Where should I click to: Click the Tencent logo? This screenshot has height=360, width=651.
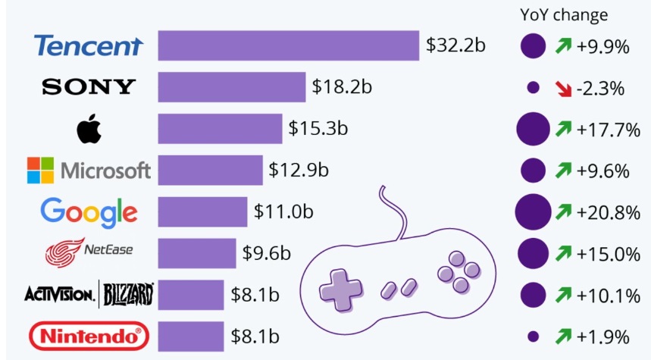(88, 46)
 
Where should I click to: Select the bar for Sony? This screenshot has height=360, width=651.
(231, 87)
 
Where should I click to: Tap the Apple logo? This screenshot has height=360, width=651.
(89, 129)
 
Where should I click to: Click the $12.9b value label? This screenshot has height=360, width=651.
(298, 170)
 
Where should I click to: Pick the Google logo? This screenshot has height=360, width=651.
(89, 211)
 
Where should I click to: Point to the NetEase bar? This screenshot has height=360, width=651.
(197, 252)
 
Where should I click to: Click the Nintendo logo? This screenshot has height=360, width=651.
(89, 335)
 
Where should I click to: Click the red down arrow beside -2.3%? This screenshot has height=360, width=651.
(562, 88)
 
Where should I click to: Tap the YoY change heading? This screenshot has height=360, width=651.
(564, 15)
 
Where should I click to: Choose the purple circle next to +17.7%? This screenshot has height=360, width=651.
(533, 129)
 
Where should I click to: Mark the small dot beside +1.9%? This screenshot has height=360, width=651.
(533, 335)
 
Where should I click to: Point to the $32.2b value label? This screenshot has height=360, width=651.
(455, 45)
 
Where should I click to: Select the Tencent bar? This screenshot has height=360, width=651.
(288, 45)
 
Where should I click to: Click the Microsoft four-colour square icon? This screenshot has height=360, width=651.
(40, 170)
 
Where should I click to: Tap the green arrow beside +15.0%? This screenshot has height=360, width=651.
(562, 252)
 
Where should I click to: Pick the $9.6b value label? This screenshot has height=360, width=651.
(266, 252)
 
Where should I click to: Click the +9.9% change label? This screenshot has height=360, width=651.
(602, 47)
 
